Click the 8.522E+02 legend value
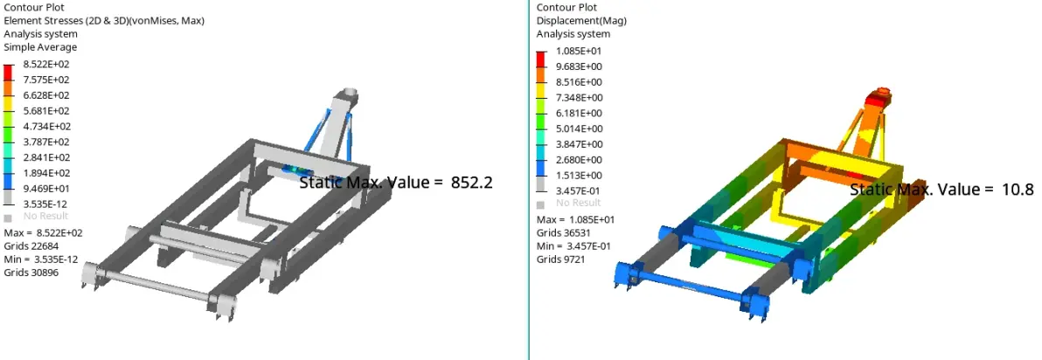[x=45, y=65]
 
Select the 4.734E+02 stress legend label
[x=45, y=126]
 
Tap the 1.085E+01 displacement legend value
[x=578, y=52]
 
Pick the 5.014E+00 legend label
[x=580, y=128]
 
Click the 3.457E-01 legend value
[x=578, y=191]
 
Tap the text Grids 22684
[x=26, y=246]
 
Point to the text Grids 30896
[x=31, y=273]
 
